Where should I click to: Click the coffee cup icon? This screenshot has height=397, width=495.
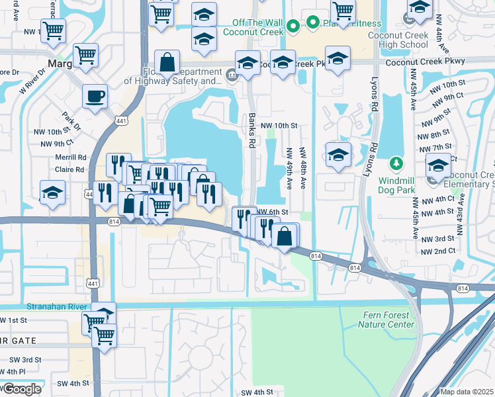click(x=95, y=97)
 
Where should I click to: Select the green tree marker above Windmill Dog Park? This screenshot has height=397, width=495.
click(x=396, y=163)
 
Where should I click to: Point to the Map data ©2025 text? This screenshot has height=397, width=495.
click(x=467, y=392)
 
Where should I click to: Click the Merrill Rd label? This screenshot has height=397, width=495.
click(x=71, y=157)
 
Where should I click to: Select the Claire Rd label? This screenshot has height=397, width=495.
click(x=70, y=169)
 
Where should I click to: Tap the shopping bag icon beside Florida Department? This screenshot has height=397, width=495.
click(x=167, y=63)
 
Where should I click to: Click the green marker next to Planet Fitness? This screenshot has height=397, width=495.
click(x=313, y=23)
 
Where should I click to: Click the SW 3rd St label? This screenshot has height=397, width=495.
click(x=25, y=359)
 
